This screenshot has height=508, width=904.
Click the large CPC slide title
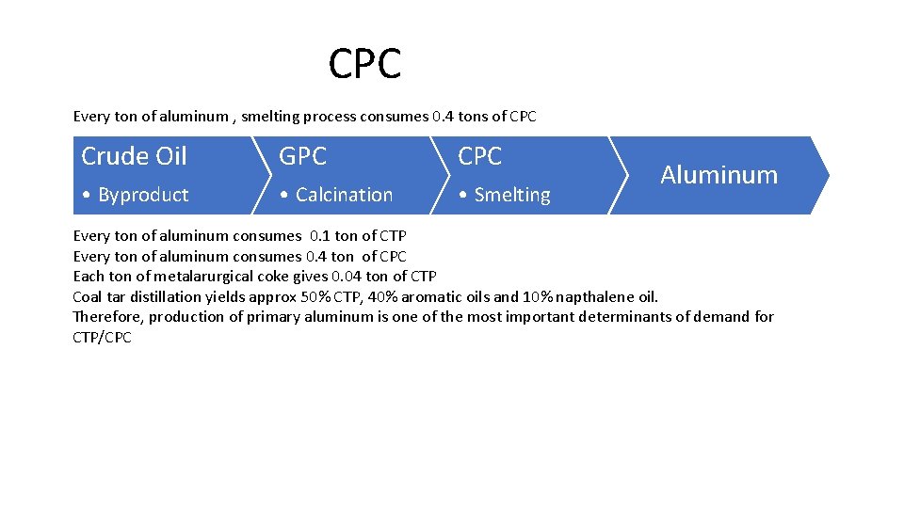[365, 64]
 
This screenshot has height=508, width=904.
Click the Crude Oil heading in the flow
[134, 156]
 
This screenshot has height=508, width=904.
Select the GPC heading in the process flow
[302, 156]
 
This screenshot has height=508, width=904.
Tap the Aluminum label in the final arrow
[718, 175]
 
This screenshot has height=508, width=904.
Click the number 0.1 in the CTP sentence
[320, 236]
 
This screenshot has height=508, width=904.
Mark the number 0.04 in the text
[347, 276]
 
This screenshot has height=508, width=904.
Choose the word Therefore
[107, 316]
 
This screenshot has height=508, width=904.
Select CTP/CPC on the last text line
[103, 337]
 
